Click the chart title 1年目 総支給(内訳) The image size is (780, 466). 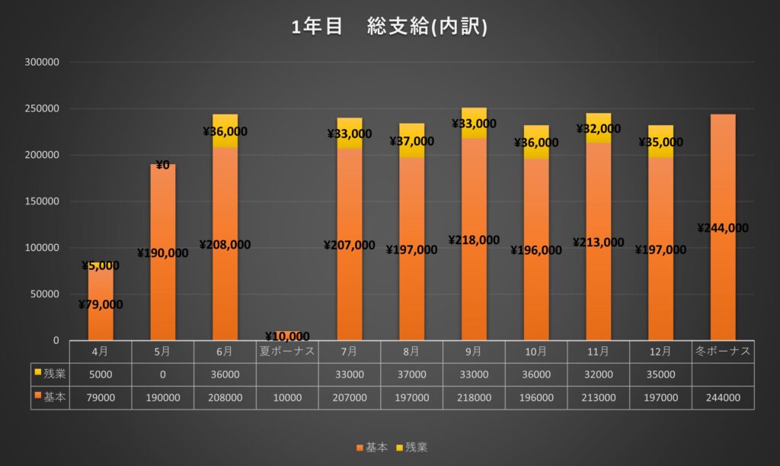point(389,27)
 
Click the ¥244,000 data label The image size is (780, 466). point(723,228)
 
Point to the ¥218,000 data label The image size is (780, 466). point(474,239)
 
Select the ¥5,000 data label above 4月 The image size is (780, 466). point(100,265)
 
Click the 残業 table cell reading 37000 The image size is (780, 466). point(411,375)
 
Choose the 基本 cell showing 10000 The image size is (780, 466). point(287,397)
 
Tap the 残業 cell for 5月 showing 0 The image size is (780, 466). point(162,375)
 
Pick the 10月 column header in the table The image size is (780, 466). point(535,352)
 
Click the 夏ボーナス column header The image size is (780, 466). point(287,352)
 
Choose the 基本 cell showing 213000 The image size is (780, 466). point(598,397)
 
